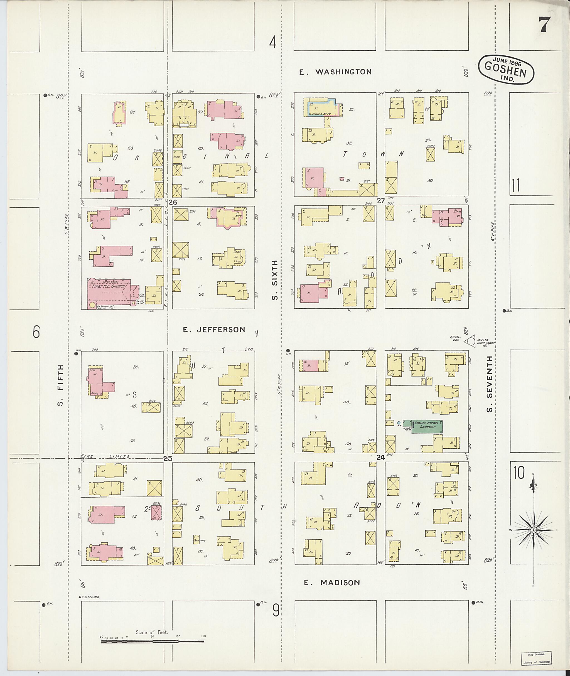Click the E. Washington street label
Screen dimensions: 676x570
click(335, 72)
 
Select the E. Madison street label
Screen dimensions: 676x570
click(332, 583)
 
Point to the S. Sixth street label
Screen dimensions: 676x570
click(275, 281)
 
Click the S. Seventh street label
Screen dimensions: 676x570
click(490, 385)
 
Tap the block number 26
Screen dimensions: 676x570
click(173, 202)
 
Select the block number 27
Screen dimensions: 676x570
click(381, 201)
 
